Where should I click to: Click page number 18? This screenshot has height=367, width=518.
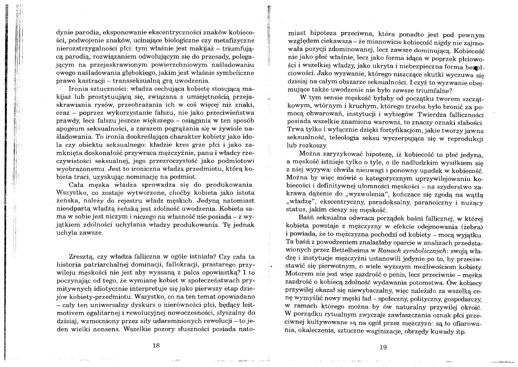(x=156, y=345)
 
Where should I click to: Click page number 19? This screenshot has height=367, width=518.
(x=383, y=347)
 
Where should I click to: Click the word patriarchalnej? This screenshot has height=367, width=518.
(x=102, y=264)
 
